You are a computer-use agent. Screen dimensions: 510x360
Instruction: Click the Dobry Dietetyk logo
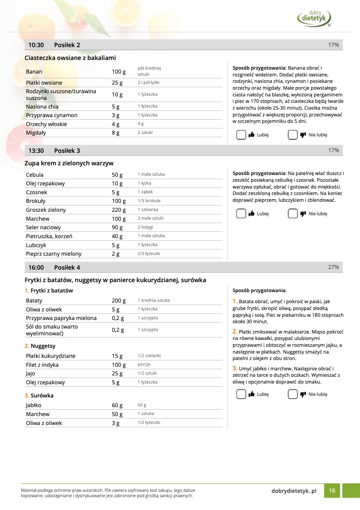pyautogui.click(x=314, y=18)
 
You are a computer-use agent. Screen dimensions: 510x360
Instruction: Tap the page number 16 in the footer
pyautogui.click(x=332, y=490)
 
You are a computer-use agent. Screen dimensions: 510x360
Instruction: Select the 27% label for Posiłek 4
pyautogui.click(x=333, y=267)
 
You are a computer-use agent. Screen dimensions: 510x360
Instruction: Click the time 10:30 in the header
pyautogui.click(x=36, y=45)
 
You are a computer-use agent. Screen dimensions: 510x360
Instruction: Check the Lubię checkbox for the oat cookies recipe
pyautogui.click(x=241, y=135)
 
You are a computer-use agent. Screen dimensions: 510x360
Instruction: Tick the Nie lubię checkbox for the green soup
pyautogui.click(x=292, y=214)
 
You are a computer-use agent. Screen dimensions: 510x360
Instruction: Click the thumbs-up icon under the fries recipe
pyautogui.click(x=251, y=394)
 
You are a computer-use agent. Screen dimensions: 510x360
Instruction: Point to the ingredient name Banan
pyautogui.click(x=34, y=72)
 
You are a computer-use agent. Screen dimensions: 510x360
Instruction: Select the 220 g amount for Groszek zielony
pyautogui.click(x=119, y=210)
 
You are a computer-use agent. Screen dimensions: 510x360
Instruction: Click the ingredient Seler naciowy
pyautogui.click(x=43, y=227)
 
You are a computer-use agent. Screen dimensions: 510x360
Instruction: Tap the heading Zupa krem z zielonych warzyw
pyautogui.click(x=69, y=163)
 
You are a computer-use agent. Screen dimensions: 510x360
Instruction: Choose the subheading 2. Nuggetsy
pyautogui.click(x=40, y=346)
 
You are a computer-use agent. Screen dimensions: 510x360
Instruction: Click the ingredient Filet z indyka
pyautogui.click(x=42, y=365)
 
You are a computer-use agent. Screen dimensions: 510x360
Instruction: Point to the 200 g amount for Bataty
pyautogui.click(x=119, y=301)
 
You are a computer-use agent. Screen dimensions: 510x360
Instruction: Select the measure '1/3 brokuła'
pyautogui.click(x=149, y=201)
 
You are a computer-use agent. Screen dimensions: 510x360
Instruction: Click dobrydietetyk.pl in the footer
pyautogui.click(x=294, y=491)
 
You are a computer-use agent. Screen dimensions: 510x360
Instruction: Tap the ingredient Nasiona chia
pyautogui.click(x=42, y=106)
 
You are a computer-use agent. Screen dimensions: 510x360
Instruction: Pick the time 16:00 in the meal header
pyautogui.click(x=36, y=267)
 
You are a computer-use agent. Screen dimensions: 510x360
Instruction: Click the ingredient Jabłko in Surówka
pyautogui.click(x=34, y=405)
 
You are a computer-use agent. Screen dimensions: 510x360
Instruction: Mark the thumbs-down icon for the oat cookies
pyautogui.click(x=303, y=135)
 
